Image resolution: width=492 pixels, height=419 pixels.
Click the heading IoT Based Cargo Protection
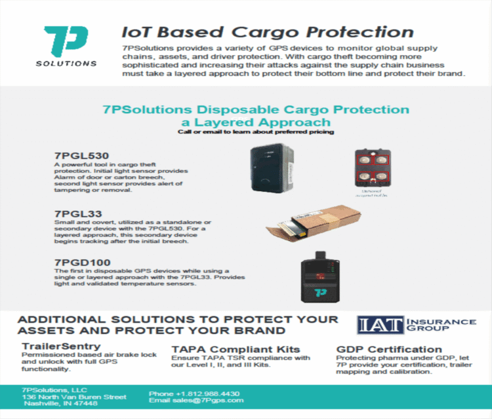click(268, 32)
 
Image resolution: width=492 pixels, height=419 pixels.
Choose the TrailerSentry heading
click(61, 345)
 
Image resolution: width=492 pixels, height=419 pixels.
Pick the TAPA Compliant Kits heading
click(236, 349)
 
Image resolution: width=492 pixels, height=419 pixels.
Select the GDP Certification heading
click(389, 349)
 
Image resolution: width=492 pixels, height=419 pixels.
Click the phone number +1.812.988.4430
click(194, 393)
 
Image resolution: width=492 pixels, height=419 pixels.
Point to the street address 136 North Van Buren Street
click(73, 397)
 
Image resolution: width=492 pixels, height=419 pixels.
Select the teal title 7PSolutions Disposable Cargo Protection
click(256, 109)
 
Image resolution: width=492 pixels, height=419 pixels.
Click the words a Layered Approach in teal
click(256, 122)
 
